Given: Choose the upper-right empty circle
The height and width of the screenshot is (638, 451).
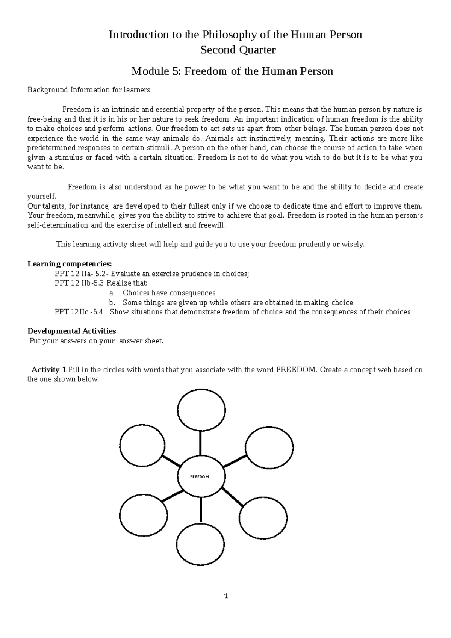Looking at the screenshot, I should coord(269,448).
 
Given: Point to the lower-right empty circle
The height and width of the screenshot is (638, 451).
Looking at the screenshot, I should coord(262,519).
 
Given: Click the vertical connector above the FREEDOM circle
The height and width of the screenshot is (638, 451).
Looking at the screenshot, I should coord(201,443).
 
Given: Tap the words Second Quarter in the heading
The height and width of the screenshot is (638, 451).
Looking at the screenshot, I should coord(238,50).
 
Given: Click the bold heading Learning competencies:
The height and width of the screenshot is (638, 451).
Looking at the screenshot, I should coord(70,264).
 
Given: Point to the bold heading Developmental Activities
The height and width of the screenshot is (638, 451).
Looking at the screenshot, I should coord(72,331).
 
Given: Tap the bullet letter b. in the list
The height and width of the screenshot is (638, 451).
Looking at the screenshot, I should coord(111,302).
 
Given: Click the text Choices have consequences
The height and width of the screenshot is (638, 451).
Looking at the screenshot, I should coord(169,293).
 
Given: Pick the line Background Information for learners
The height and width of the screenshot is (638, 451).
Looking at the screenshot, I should coord(89,90).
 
